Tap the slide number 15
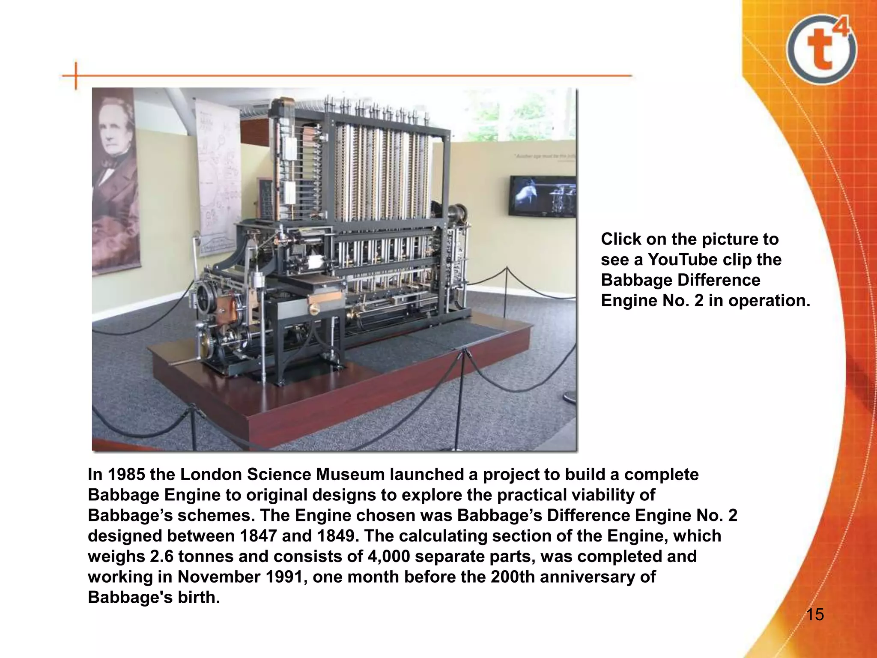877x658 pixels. pos(815,615)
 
